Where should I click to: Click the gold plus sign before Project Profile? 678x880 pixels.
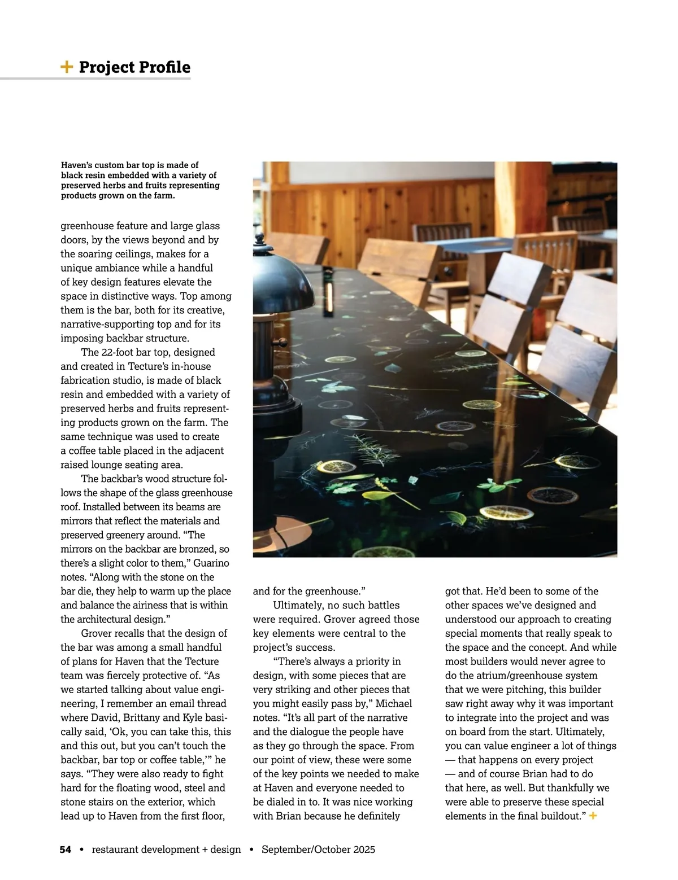pyautogui.click(x=67, y=67)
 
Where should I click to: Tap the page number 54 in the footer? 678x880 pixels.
pyautogui.click(x=66, y=850)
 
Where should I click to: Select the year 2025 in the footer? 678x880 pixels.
pyautogui.click(x=362, y=850)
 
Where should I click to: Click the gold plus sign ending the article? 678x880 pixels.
pyautogui.click(x=593, y=816)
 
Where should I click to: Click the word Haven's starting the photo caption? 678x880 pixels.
pyautogui.click(x=77, y=165)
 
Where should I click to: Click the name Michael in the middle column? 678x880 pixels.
pyautogui.click(x=394, y=703)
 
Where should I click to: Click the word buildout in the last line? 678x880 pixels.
pyautogui.click(x=559, y=816)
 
